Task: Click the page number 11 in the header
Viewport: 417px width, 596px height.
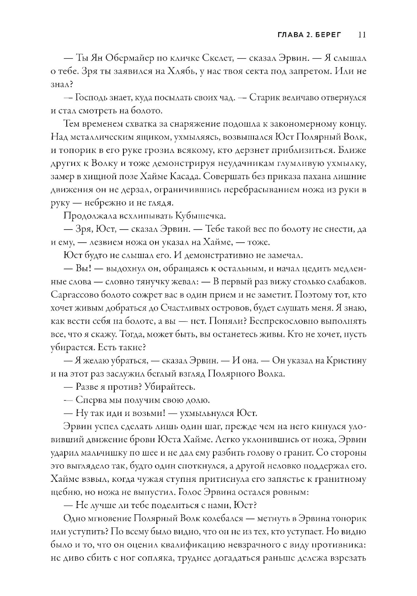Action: [362, 35]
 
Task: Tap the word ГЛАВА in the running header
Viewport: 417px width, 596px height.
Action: [290, 35]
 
